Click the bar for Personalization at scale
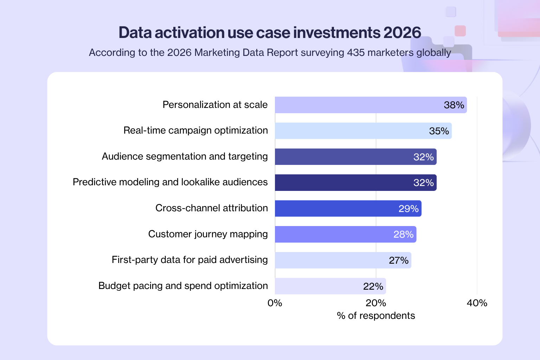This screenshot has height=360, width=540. click(x=359, y=105)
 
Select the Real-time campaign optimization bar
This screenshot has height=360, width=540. click(x=352, y=131)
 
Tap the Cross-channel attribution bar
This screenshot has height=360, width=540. click(x=337, y=208)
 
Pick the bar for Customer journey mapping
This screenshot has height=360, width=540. click(x=334, y=234)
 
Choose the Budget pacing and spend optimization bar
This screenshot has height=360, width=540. click(x=316, y=286)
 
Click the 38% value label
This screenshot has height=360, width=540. click(x=454, y=105)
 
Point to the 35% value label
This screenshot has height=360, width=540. click(x=439, y=131)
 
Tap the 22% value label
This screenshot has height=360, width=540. click(x=373, y=287)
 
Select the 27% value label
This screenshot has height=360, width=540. click(x=398, y=261)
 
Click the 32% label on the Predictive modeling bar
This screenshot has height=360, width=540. click(x=423, y=183)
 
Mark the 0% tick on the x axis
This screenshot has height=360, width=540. click(x=275, y=303)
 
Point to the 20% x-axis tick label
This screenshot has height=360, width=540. click(x=376, y=303)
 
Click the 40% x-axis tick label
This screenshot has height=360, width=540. click(x=477, y=303)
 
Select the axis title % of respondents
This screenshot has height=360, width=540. click(x=376, y=316)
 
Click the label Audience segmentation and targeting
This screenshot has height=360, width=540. click(x=185, y=156)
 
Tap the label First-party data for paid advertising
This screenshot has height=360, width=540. click(x=189, y=260)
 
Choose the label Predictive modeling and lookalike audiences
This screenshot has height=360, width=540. click(x=170, y=182)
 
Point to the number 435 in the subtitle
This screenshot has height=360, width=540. click(x=355, y=52)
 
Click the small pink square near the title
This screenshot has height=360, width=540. click(x=460, y=31)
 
